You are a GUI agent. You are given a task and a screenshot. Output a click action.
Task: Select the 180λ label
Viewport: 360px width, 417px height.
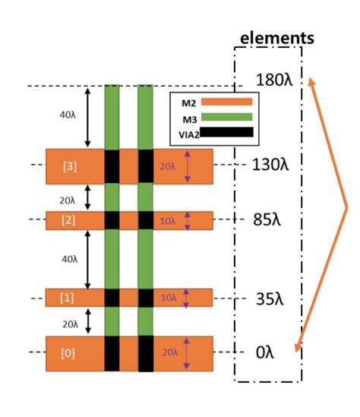pos(273,81)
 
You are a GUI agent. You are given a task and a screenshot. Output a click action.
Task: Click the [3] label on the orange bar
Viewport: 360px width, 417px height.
pos(69,166)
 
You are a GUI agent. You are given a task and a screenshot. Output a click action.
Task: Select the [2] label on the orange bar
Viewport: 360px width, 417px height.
pos(69,220)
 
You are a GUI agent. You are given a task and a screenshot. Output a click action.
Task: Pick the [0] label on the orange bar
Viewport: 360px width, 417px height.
pos(69,352)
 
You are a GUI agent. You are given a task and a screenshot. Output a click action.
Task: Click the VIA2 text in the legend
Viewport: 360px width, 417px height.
pos(186,132)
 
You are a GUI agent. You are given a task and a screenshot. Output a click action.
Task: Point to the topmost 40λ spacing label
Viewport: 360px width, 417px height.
pos(68,115)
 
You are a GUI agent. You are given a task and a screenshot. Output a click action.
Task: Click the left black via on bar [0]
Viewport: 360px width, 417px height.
pos(112,352)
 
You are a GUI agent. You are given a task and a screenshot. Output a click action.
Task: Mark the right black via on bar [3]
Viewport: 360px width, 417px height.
pos(146,166)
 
